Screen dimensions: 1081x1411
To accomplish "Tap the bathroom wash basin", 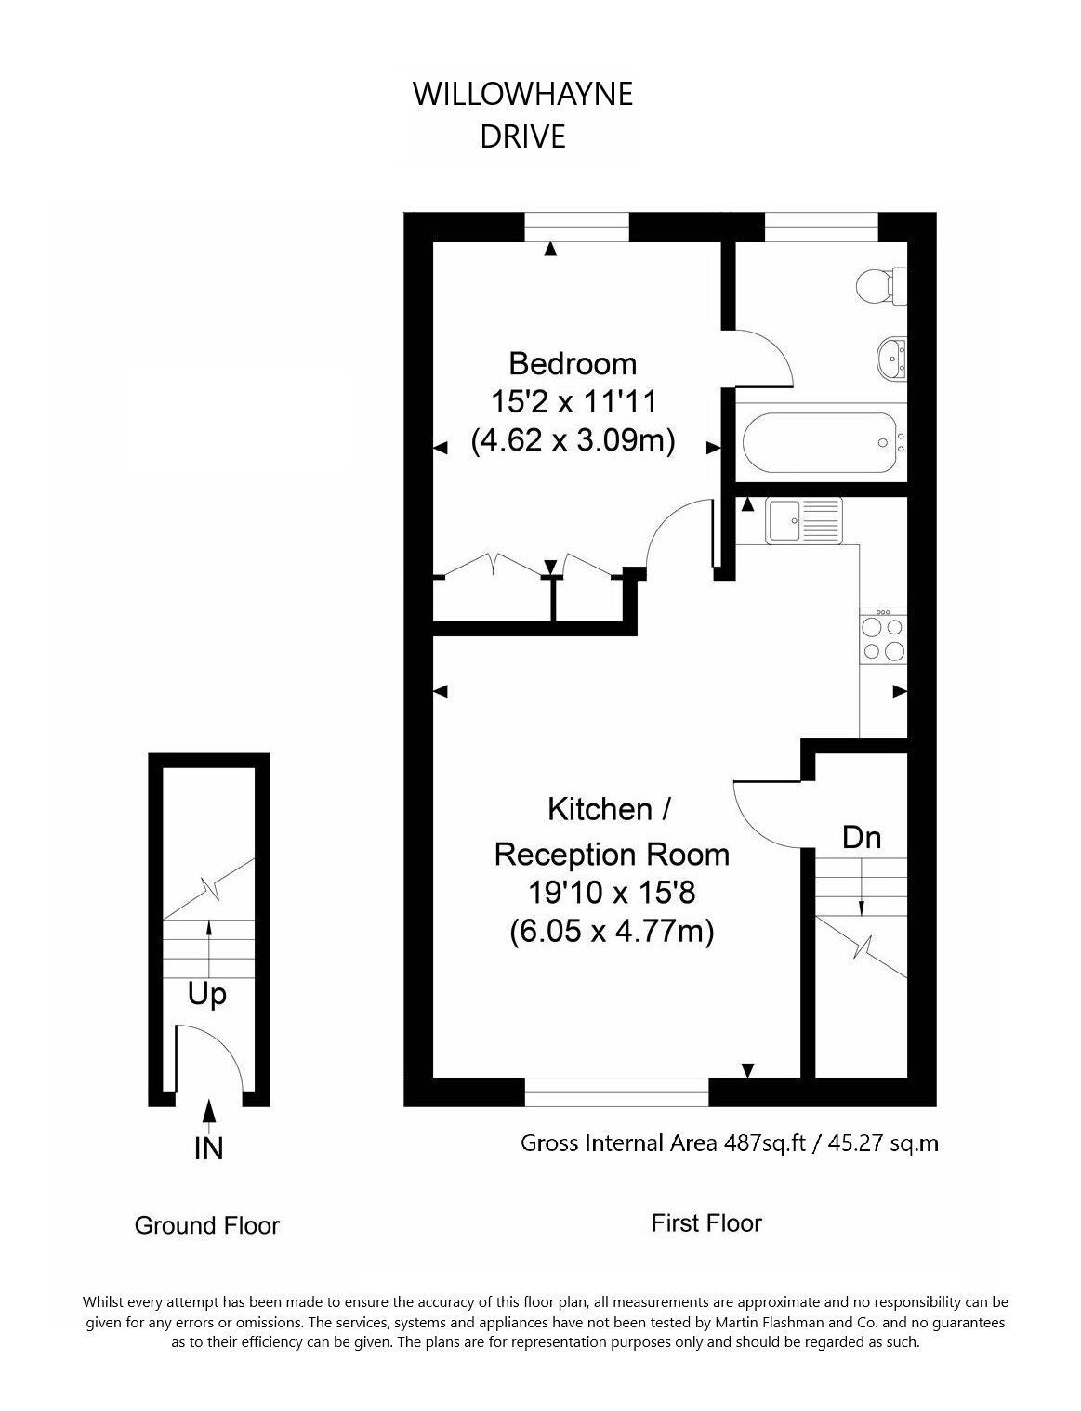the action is pyautogui.click(x=890, y=358).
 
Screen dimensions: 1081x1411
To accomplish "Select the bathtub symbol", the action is pyautogui.click(x=824, y=443).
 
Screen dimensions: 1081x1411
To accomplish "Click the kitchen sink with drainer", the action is pyautogui.click(x=804, y=519).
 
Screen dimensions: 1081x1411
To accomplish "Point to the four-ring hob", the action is pyautogui.click(x=883, y=636).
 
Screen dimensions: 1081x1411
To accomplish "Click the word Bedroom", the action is pyautogui.click(x=573, y=363).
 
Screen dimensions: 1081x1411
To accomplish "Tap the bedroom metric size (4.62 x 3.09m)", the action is pyautogui.click(x=573, y=441).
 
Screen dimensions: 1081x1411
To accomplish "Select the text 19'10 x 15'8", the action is pyautogui.click(x=611, y=892).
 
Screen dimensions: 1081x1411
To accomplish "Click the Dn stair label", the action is pyautogui.click(x=862, y=838).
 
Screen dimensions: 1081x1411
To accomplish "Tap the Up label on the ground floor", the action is pyautogui.click(x=206, y=994).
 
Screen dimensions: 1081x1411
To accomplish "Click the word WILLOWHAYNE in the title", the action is pyautogui.click(x=522, y=94).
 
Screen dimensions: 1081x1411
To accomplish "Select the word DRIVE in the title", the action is pyautogui.click(x=522, y=137).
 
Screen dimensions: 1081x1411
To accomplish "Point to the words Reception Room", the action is pyautogui.click(x=612, y=855).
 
